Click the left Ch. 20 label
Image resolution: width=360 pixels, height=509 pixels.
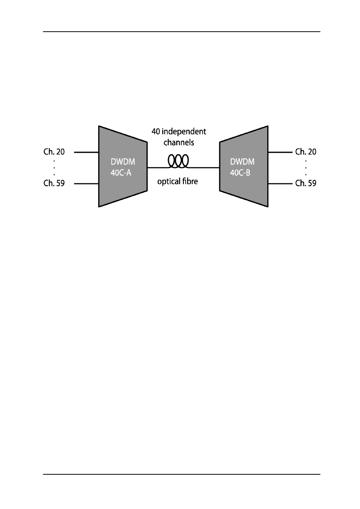tap(54, 152)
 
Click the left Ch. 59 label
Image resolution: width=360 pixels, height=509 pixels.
tap(54, 183)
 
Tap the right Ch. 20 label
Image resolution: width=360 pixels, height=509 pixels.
tap(306, 152)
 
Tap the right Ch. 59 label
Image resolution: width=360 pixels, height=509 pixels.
tap(306, 183)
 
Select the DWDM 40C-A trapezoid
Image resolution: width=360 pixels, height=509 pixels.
tap(123, 166)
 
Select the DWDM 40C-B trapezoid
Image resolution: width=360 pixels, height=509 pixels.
tap(244, 166)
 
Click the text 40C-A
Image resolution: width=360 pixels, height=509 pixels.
tap(121, 173)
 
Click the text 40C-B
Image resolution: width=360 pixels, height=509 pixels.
tap(240, 173)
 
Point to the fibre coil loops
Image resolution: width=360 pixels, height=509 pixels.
tap(178, 161)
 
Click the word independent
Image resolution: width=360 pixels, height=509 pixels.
tap(184, 132)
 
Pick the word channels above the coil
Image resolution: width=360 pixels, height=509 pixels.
tap(179, 143)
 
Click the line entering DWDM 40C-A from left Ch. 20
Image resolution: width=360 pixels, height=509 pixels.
tap(86, 152)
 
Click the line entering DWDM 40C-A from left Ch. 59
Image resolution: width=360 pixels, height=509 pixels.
tap(86, 184)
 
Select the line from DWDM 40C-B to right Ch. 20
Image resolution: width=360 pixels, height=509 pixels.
tap(280, 152)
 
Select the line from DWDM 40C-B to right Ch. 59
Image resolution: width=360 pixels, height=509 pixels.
tap(280, 184)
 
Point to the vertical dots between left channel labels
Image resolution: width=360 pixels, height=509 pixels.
tap(54, 168)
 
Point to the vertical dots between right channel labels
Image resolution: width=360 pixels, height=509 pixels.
tap(306, 168)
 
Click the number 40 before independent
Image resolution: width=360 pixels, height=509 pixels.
tap(156, 132)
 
